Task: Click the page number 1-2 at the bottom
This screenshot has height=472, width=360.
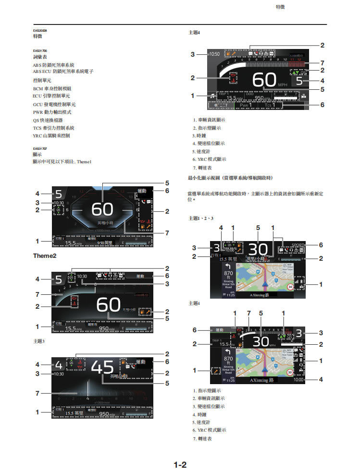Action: click(x=180, y=465)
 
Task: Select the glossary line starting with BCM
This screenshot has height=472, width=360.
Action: click(x=52, y=88)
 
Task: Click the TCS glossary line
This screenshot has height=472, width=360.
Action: click(x=53, y=128)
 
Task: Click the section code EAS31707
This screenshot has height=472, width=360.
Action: click(x=39, y=148)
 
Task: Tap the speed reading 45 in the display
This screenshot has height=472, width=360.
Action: click(x=102, y=367)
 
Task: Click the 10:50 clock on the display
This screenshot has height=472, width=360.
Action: click(x=214, y=54)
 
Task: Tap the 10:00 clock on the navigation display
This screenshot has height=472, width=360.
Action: click(x=298, y=380)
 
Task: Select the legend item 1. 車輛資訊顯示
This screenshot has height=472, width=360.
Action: click(x=209, y=120)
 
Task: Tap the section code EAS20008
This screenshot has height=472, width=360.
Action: click(x=39, y=30)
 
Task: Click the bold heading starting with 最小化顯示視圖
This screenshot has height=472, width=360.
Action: click(x=230, y=178)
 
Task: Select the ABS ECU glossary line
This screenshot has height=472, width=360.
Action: click(x=63, y=71)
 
